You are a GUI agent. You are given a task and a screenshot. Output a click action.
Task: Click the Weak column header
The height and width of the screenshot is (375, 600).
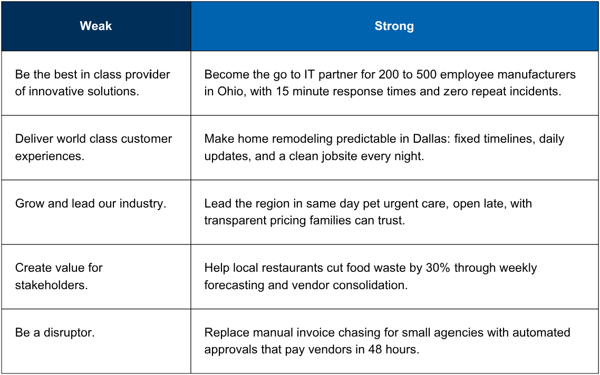95,26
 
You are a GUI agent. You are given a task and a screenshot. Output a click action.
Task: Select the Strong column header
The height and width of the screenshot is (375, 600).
394,26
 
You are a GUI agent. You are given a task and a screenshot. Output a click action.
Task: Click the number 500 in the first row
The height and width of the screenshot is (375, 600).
427,74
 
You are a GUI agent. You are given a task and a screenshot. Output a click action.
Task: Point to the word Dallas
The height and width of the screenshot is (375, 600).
431,139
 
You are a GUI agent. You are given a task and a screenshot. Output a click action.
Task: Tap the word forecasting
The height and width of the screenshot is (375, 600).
234,285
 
